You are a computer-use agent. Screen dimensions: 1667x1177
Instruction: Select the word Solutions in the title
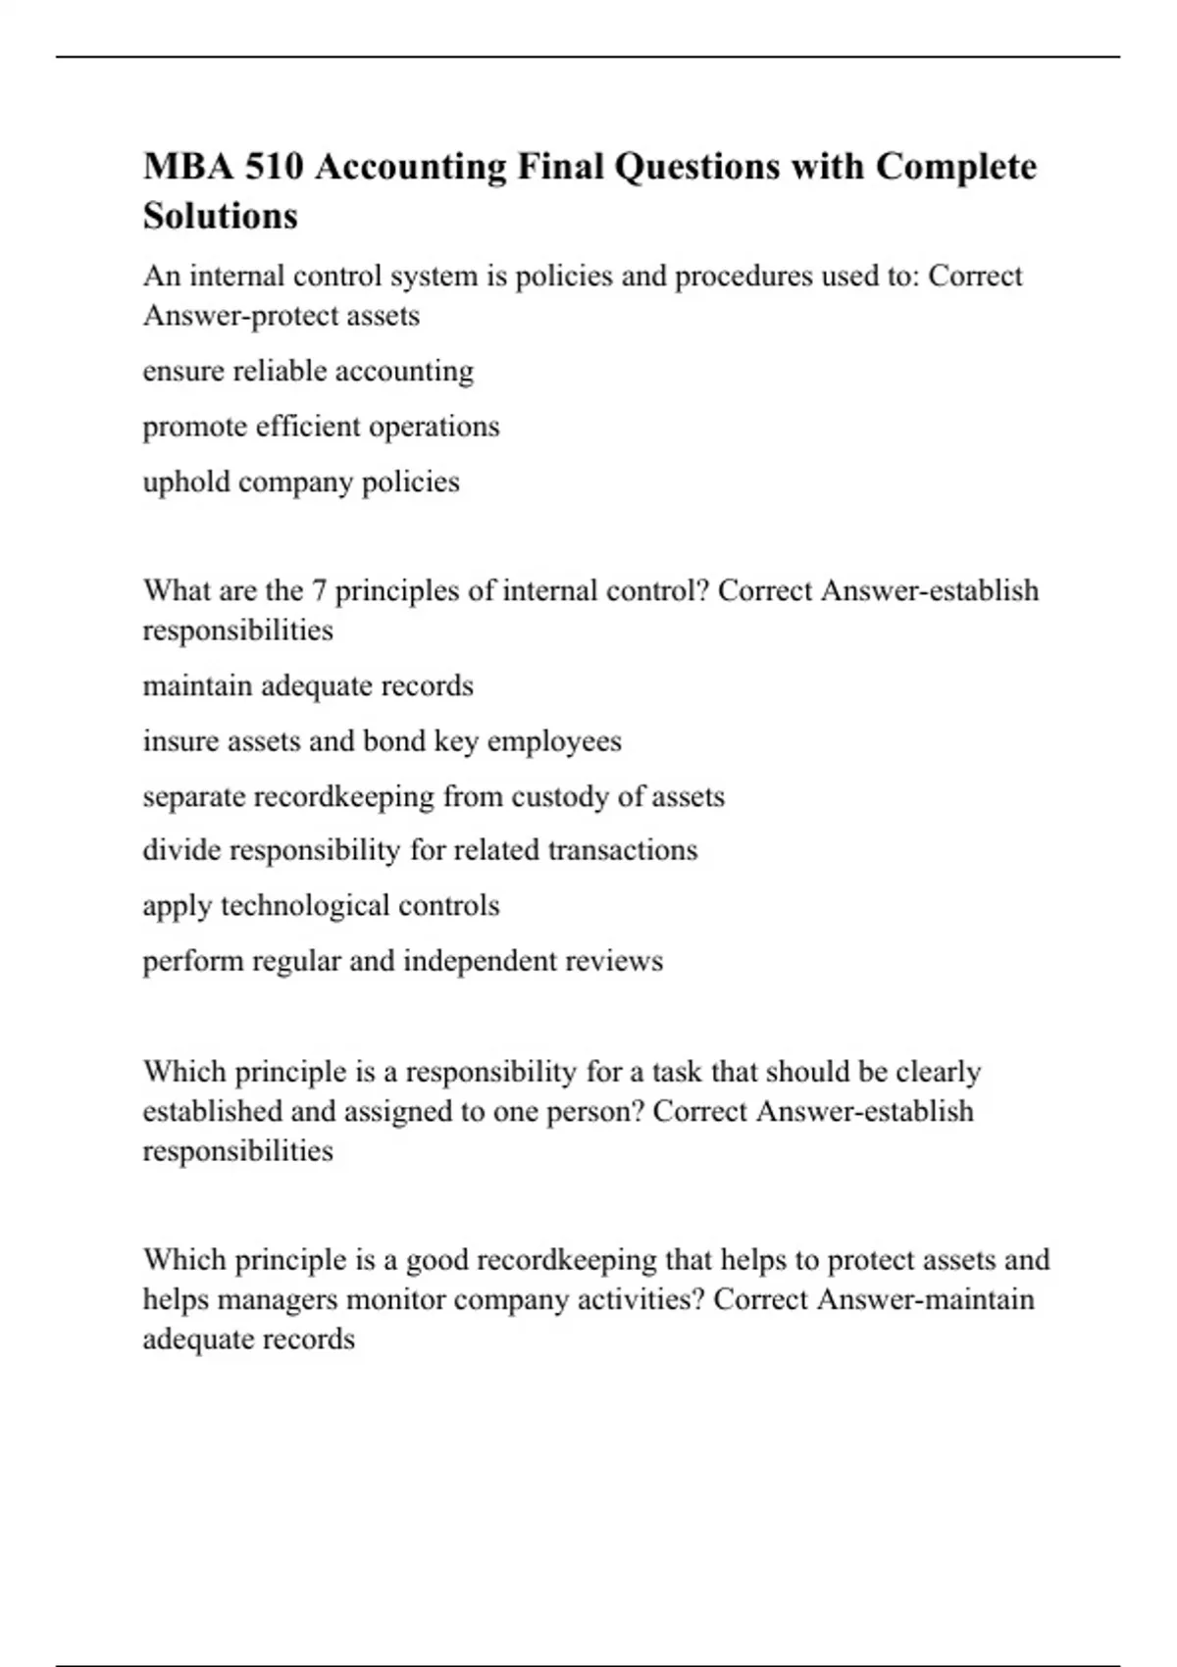tap(220, 216)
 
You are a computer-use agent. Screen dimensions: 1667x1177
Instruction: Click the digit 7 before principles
tap(318, 590)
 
